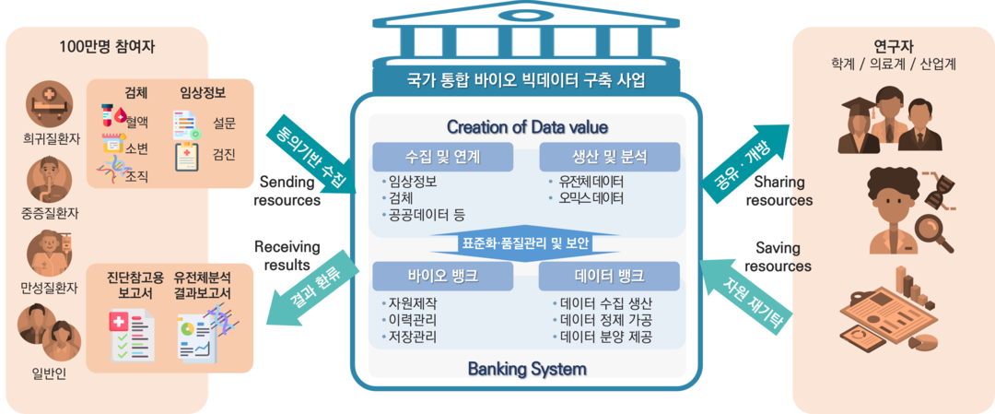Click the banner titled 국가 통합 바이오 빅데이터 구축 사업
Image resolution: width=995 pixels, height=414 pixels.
[526, 80]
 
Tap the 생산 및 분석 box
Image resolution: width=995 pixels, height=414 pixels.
[609, 157]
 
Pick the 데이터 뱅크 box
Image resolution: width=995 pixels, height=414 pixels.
[609, 276]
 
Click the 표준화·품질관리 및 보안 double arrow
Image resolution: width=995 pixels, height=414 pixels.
[526, 243]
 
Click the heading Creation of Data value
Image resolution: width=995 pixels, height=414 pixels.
[526, 126]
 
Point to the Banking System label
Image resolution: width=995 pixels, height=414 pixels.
[526, 370]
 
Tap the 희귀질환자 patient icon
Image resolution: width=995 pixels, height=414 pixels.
[50, 103]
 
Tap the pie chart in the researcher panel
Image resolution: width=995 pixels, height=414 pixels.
[922, 343]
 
